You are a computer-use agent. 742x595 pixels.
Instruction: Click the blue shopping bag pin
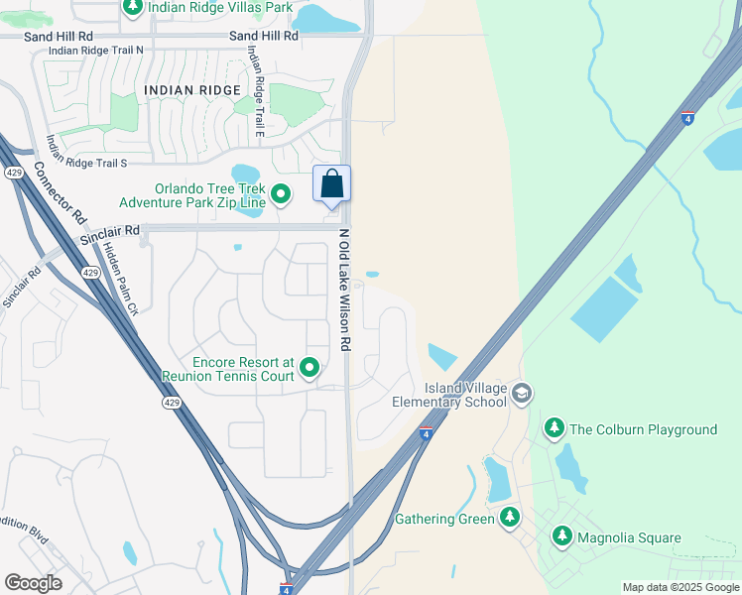pyautogui.click(x=331, y=184)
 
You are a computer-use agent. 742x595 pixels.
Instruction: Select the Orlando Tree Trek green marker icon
pyautogui.click(x=281, y=194)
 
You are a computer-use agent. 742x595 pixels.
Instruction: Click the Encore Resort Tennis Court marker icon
pyautogui.click(x=309, y=369)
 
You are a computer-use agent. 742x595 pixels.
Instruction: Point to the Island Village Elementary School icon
pyautogui.click(x=522, y=395)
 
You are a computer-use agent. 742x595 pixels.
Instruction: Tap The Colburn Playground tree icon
pyautogui.click(x=555, y=429)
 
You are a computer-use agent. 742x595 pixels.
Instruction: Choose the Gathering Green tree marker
pyautogui.click(x=510, y=518)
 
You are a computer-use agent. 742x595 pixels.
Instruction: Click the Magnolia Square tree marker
pyautogui.click(x=562, y=537)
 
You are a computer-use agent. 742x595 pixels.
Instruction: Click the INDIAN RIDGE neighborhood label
pyautogui.click(x=192, y=90)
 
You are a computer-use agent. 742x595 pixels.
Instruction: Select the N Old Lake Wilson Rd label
pyautogui.click(x=345, y=290)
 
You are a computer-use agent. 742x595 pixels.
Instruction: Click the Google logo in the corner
pyautogui.click(x=33, y=583)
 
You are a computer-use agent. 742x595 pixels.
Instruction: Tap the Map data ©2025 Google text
pyautogui.click(x=680, y=587)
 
